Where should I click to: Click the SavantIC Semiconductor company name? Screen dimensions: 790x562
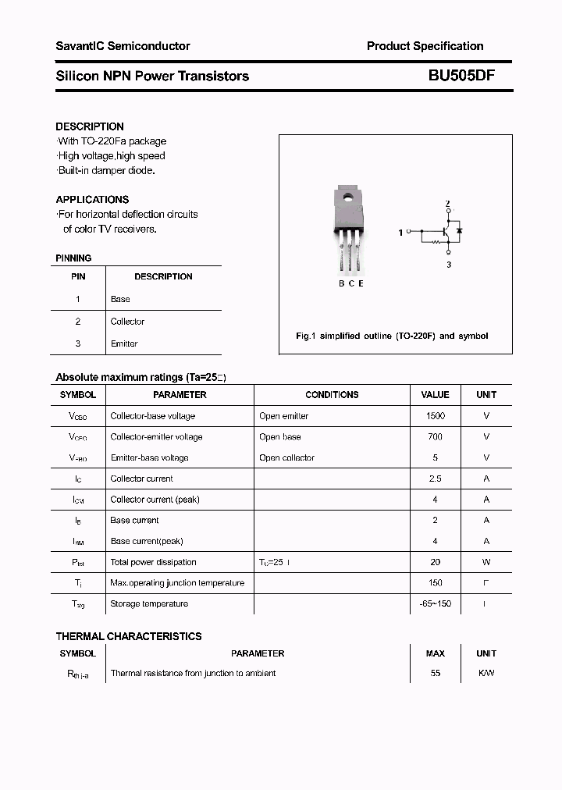(123, 46)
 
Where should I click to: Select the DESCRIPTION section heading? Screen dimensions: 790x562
(90, 126)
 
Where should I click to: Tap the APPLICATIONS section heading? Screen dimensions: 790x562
(92, 200)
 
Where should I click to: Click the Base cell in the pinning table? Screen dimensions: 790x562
(120, 299)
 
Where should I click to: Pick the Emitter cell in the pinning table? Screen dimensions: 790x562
(124, 343)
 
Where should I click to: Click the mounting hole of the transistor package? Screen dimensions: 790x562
(349, 197)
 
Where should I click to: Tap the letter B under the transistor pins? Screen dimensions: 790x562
(341, 283)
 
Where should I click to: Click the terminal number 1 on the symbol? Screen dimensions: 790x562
(400, 233)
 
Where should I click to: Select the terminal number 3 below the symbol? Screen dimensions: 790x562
(448, 265)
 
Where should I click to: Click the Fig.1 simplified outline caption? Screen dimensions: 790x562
(392, 336)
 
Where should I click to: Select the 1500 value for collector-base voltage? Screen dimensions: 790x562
(435, 416)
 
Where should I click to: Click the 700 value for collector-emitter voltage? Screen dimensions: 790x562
(435, 437)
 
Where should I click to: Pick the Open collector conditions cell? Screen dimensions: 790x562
(286, 458)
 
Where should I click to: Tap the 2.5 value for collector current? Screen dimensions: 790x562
(435, 479)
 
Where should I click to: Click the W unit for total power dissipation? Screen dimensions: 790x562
(486, 562)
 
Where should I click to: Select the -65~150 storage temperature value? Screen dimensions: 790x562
(435, 604)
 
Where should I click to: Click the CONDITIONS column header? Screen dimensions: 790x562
(332, 395)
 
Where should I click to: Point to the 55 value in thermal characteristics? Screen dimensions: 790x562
(435, 673)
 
